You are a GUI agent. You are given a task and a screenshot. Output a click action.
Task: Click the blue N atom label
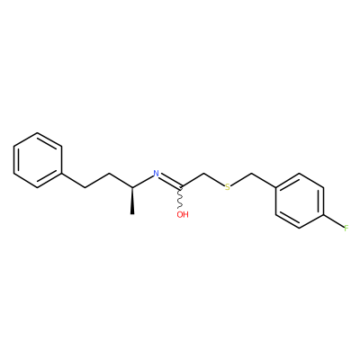pyautogui.click(x=156, y=174)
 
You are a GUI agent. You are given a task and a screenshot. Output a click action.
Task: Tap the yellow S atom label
pyautogui.click(x=228, y=187)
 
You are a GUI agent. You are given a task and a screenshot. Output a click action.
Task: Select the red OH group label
pyautogui.click(x=183, y=214)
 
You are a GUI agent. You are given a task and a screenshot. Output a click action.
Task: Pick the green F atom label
pyautogui.click(x=346, y=229)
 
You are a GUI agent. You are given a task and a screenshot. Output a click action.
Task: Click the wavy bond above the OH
pyautogui.click(x=180, y=198)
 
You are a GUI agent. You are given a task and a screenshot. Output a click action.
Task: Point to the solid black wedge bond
pyautogui.click(x=132, y=201)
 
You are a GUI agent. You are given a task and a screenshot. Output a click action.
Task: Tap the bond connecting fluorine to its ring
pyautogui.click(x=333, y=220)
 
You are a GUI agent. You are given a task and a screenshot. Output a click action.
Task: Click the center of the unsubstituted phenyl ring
pyautogui.click(x=38, y=160)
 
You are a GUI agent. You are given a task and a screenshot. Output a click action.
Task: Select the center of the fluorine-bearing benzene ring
pyautogui.click(x=300, y=201)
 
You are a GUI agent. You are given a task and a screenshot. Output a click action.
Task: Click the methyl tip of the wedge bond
pyautogui.click(x=132, y=214)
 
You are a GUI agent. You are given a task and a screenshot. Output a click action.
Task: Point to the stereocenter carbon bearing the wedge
pyautogui.click(x=132, y=187)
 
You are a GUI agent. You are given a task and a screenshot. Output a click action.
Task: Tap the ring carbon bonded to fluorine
pyautogui.click(x=323, y=215)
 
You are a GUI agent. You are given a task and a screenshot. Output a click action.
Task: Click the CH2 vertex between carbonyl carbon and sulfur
pyautogui.click(x=204, y=174)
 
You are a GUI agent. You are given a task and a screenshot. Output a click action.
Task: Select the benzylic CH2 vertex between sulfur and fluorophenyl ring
pyautogui.click(x=251, y=174)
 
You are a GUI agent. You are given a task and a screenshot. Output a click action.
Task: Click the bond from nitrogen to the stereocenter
pyautogui.click(x=142, y=181)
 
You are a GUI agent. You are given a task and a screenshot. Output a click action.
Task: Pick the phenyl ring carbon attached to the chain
pyautogui.click(x=61, y=174)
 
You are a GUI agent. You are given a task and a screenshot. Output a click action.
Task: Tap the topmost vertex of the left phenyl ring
pyautogui.click(x=38, y=132)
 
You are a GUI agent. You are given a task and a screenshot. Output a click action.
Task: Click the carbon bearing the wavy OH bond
pyautogui.click(x=180, y=187)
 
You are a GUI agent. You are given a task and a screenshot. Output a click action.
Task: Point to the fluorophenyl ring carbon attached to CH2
pyautogui.click(x=275, y=187)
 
